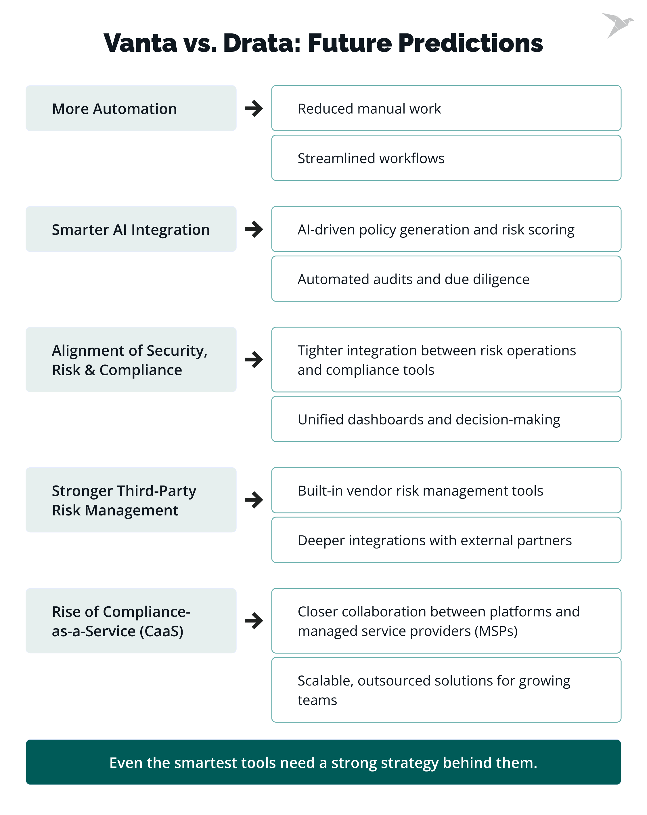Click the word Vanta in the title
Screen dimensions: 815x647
pyautogui.click(x=140, y=43)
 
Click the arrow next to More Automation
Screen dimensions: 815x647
pyautogui.click(x=254, y=108)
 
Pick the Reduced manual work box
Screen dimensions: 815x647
pyautogui.click(x=446, y=108)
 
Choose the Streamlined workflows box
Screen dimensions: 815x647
pyautogui.click(x=446, y=158)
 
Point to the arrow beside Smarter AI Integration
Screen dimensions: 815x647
pyautogui.click(x=254, y=229)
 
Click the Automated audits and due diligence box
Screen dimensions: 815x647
pyautogui.click(x=446, y=279)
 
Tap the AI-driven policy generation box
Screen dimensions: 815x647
pyautogui.click(x=446, y=229)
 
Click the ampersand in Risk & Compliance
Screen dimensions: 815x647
pyautogui.click(x=90, y=370)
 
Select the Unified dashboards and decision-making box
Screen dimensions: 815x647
pyautogui.click(x=446, y=419)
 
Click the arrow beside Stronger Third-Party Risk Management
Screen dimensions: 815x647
pyautogui.click(x=254, y=500)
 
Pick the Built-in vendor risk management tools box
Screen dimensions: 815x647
pyautogui.click(x=446, y=490)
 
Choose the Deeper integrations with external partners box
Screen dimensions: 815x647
pyautogui.click(x=446, y=540)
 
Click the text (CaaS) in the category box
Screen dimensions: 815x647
pyautogui.click(x=161, y=631)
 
